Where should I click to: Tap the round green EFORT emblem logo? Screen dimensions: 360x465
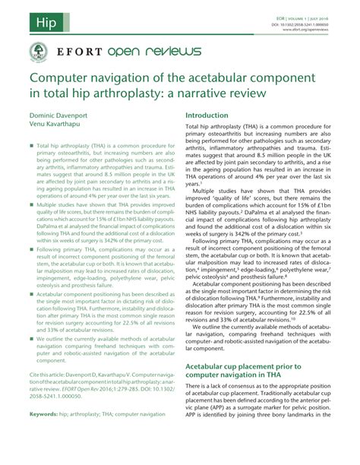33,51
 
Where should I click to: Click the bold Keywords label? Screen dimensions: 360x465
43,435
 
